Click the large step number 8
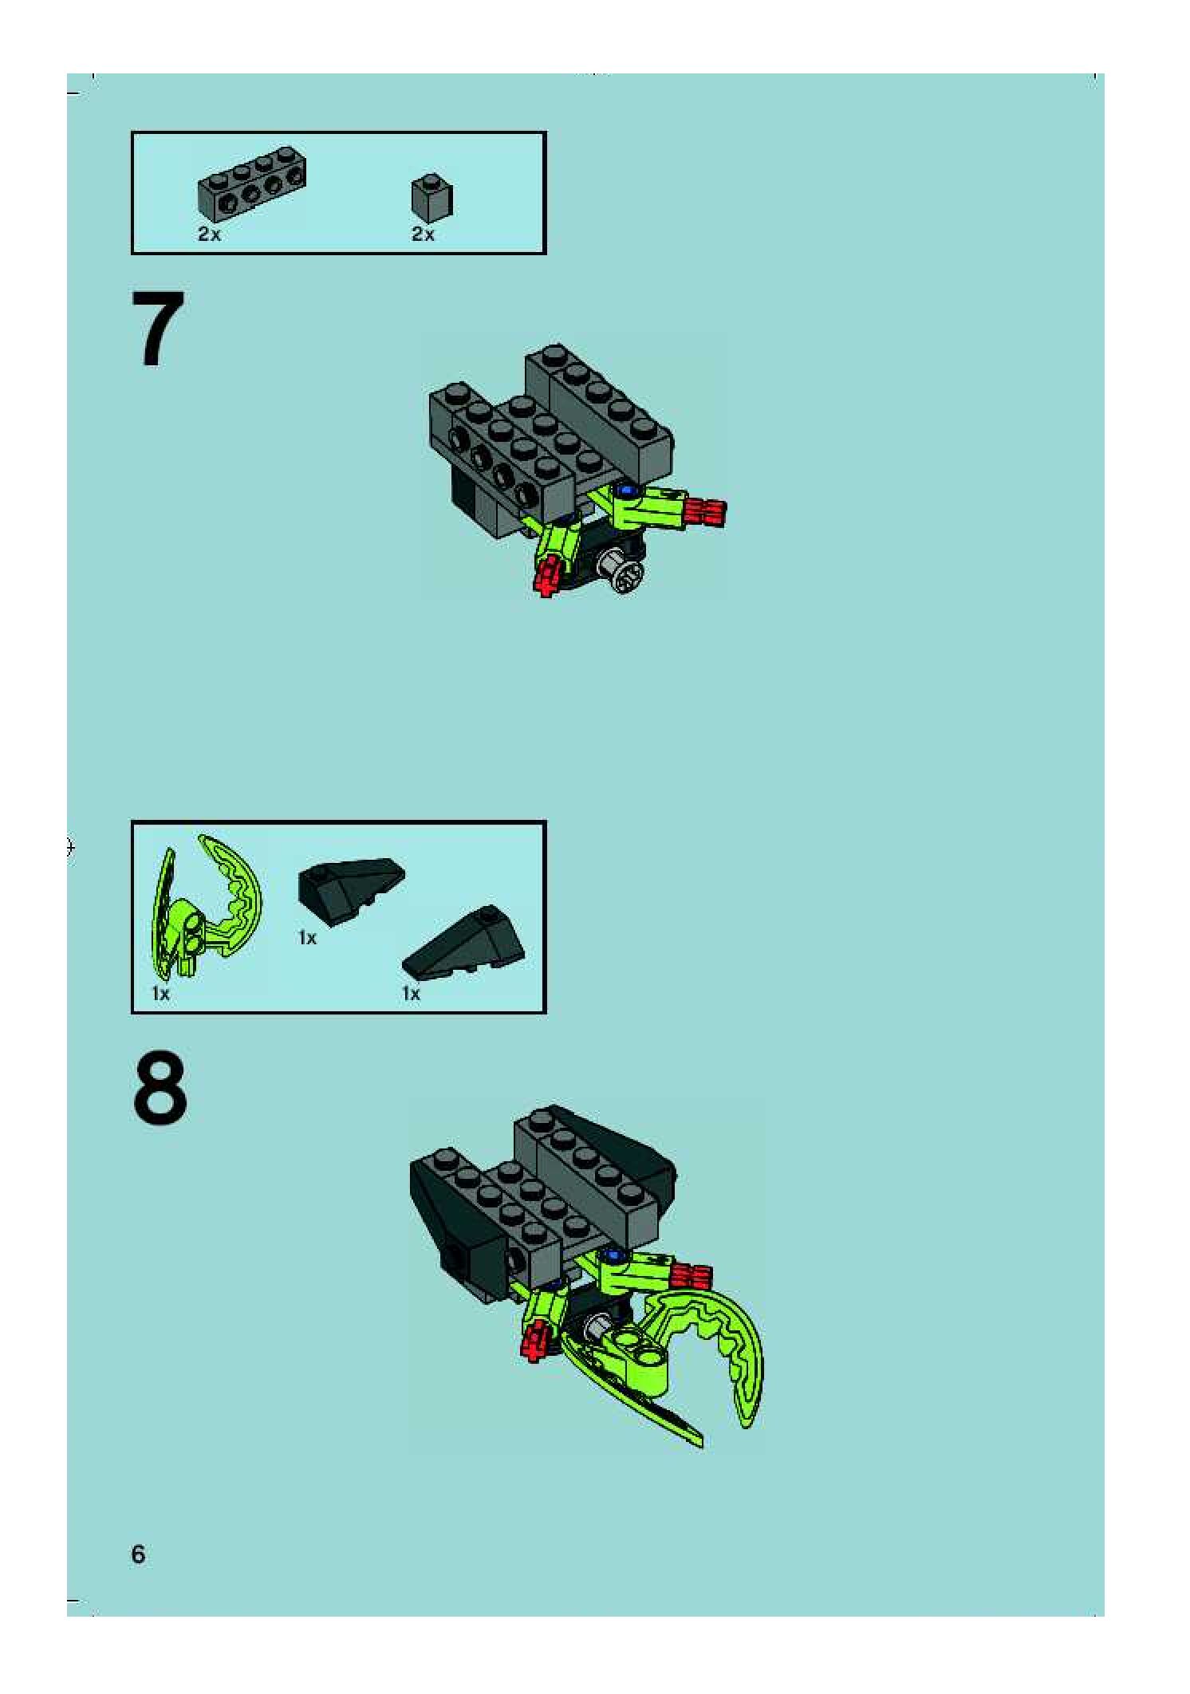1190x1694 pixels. (160, 1089)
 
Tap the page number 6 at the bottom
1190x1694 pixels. (138, 1554)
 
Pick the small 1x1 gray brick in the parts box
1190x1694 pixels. (432, 197)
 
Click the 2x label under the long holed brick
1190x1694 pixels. (209, 234)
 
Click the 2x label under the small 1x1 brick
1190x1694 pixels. (423, 234)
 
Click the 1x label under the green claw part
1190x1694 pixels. (160, 993)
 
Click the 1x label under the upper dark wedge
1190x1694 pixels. (307, 938)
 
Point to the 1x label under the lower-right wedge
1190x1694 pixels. (411, 993)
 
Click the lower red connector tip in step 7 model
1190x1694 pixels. (547, 576)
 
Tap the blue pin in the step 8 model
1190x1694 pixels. (613, 1255)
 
